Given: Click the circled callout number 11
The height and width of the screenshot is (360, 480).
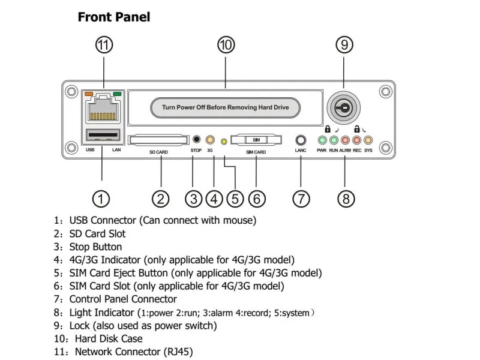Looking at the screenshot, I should point(105,45).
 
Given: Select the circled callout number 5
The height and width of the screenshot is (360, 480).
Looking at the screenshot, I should point(235,199).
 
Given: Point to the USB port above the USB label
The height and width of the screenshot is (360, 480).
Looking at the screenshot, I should point(103,134).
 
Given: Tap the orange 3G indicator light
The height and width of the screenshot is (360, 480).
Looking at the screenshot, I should point(210,140).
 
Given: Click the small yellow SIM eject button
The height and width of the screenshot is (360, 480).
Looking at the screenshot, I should point(224,142).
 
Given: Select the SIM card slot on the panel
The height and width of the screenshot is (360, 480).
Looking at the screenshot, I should point(256,139).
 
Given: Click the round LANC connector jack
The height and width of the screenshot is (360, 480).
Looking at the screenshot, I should point(301,140).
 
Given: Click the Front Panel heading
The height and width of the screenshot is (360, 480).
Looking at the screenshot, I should point(114,17).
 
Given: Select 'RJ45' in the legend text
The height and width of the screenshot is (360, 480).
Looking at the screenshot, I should point(178,352).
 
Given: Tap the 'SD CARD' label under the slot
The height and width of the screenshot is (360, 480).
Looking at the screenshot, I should point(159,152).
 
